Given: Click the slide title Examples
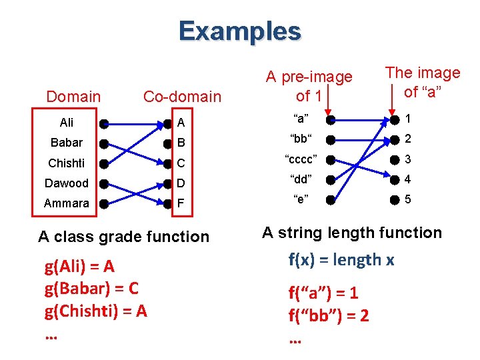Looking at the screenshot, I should tap(239, 31).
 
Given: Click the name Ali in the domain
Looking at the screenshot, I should tap(67, 123).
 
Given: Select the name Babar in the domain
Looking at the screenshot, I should tap(67, 143).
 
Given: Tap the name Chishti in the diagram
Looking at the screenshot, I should tap(67, 163).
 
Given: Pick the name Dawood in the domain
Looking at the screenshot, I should tap(67, 183).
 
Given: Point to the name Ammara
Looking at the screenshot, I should tap(67, 203).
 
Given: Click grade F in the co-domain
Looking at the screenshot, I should tap(180, 203).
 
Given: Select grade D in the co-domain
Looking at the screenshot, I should tap(180, 183).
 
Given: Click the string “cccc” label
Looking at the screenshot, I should tap(301, 159).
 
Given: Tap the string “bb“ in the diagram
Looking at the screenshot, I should tap(301, 139).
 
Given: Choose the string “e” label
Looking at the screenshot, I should tap(301, 199).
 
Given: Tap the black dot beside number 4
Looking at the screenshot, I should tap(395, 179).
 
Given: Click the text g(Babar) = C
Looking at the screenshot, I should tap(91, 289).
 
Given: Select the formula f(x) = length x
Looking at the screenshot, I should tap(341, 259).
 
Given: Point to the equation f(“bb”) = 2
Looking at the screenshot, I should tap(328, 315).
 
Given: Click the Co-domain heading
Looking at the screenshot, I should tap(182, 97).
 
